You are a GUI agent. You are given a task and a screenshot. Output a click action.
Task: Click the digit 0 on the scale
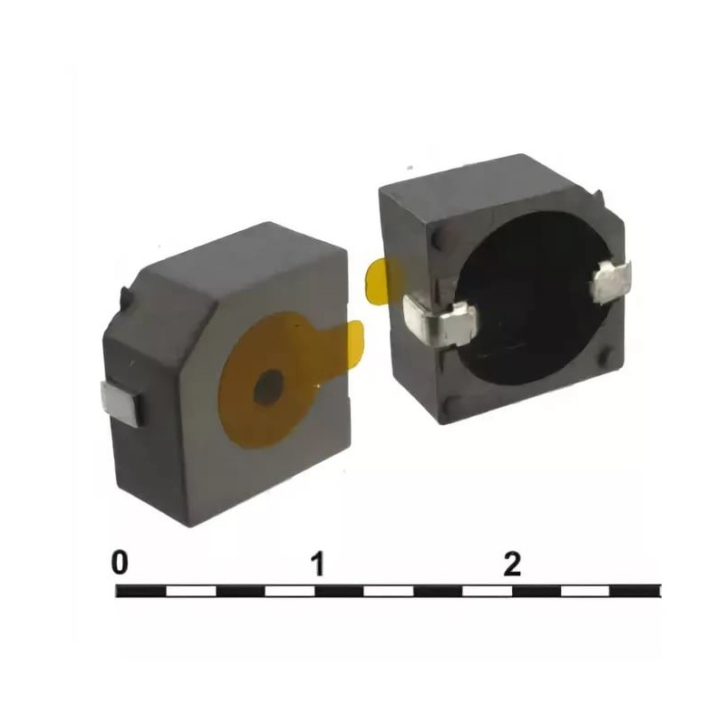point(120,562)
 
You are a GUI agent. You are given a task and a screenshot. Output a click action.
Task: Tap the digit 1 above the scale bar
point(318,563)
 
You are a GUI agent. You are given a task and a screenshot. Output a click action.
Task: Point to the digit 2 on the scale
point(512,563)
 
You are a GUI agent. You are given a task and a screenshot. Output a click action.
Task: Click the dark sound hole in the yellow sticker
point(268,389)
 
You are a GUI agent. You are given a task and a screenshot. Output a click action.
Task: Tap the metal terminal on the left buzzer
point(121,402)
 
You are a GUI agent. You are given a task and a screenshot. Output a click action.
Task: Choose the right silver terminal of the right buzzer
point(611,281)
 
